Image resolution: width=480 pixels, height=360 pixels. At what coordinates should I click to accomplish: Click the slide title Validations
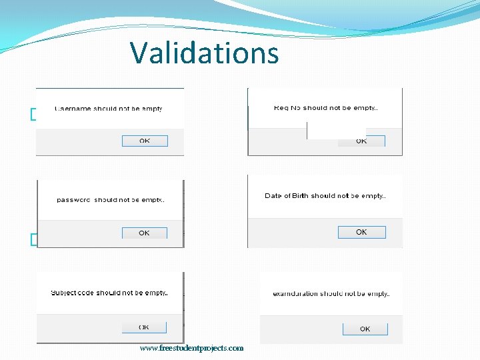tap(204, 53)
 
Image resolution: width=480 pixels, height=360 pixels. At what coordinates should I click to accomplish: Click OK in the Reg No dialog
tap(361, 141)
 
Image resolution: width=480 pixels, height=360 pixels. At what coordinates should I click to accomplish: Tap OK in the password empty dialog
tap(144, 233)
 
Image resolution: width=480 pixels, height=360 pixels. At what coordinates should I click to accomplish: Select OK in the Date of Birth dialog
tap(361, 232)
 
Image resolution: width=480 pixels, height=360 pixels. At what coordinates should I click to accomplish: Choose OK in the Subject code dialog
tap(144, 327)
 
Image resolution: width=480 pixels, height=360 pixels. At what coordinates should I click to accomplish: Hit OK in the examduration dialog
tap(365, 329)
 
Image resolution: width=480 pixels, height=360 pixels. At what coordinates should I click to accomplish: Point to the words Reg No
tap(287, 108)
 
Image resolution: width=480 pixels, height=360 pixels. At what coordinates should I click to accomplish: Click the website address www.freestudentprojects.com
tap(192, 348)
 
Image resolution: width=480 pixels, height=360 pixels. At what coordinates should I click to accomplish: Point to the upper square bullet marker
tap(33, 115)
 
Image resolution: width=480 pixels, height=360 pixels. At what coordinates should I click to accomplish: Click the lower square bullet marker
tap(33, 239)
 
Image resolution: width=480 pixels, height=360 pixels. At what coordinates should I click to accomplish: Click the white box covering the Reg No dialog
tap(336, 130)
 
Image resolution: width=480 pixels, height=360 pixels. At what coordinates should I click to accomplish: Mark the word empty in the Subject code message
tap(155, 293)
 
